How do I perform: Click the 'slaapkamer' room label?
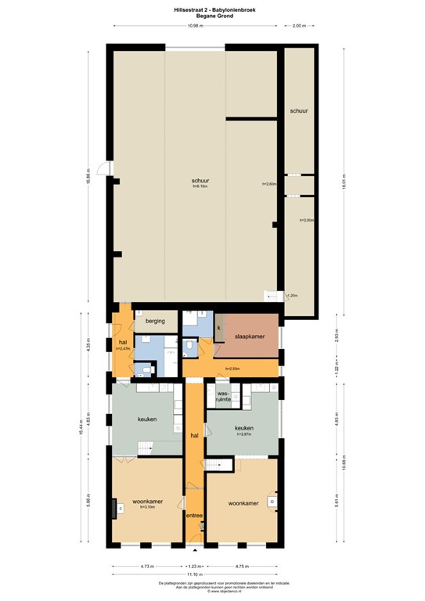coord(250,336)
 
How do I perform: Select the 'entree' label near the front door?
coord(194,515)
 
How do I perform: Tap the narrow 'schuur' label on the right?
coord(298,111)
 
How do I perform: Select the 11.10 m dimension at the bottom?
coord(195,574)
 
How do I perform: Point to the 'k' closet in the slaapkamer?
coord(219,327)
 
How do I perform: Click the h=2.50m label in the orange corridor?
coord(232,368)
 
